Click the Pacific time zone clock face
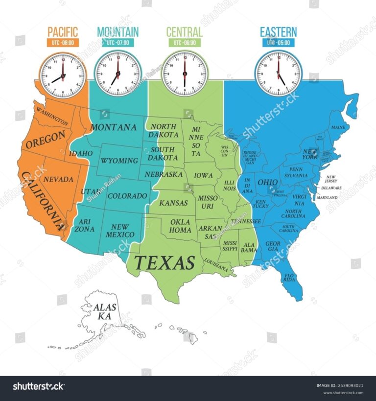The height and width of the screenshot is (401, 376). tap(63, 74)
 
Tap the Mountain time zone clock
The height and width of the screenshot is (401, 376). tap(117, 74)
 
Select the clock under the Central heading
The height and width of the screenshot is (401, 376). tap(184, 74)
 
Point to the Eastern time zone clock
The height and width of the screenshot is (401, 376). tap(278, 74)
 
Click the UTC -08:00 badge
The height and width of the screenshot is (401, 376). tap(63, 43)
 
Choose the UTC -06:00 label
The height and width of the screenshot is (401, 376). tap(184, 43)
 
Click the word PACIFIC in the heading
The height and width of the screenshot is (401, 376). tap(63, 32)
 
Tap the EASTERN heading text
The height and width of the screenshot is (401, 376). tap(278, 32)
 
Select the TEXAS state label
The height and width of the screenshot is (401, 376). tap(164, 263)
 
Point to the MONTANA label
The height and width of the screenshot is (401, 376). tap(114, 127)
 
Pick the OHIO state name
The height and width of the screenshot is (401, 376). tap(268, 182)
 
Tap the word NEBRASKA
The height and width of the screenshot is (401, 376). tap(164, 174)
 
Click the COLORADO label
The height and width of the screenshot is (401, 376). tap(127, 196)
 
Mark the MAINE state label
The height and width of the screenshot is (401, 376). tap(338, 127)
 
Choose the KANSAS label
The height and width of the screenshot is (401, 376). tap(174, 203)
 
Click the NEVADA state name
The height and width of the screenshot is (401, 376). tap(58, 180)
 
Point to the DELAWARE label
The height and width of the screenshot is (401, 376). tap(331, 188)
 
